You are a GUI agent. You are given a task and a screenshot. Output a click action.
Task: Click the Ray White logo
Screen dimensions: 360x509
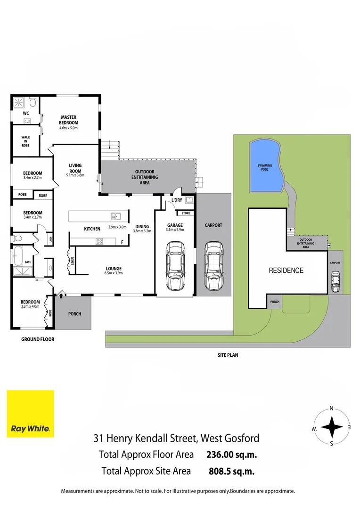[30, 414]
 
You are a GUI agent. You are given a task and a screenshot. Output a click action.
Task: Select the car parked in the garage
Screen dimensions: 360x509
[175, 266]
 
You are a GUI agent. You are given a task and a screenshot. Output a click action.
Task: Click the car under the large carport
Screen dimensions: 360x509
[213, 266]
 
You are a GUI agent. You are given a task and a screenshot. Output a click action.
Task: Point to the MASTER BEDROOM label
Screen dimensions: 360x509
[68, 120]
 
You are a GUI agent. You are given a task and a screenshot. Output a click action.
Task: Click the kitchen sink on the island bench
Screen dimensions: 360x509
[115, 216]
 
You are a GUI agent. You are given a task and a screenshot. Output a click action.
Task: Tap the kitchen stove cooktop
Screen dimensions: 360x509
[99, 241]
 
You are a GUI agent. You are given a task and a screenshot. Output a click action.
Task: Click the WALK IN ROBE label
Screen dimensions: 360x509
[25, 141]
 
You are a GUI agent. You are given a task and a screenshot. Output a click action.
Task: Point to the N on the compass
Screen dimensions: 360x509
[331, 408]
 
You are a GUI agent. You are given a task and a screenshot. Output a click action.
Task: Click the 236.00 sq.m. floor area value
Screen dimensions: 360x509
[231, 454]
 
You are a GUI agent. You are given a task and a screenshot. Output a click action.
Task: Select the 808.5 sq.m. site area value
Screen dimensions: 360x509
[231, 471]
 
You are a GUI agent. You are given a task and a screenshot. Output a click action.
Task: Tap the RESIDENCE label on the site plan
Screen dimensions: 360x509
[286, 271]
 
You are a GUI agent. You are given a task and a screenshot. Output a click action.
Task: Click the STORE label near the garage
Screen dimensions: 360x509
[186, 213]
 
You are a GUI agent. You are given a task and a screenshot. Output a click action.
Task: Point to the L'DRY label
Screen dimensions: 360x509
[177, 200]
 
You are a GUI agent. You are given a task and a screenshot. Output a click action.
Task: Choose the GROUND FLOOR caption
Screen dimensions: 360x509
[38, 339]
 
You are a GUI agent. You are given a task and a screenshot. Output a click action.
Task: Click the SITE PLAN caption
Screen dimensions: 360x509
[228, 355]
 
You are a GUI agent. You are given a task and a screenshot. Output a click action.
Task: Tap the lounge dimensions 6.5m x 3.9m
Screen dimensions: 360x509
[114, 273]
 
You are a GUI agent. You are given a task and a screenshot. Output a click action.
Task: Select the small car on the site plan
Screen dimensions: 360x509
[335, 281]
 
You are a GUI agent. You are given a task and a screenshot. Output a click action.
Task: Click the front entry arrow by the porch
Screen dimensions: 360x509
[61, 295]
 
